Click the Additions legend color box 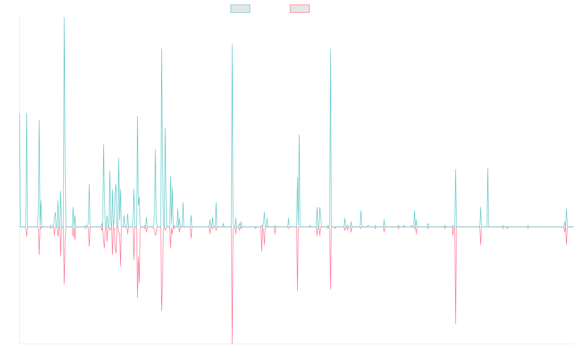pyautogui.click(x=240, y=9)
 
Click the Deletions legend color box pyautogui.click(x=300, y=9)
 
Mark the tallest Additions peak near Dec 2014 pyautogui.click(x=64, y=18)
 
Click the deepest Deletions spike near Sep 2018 pyautogui.click(x=232, y=343)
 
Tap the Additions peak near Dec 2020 pyautogui.click(x=331, y=49)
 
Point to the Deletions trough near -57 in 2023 pyautogui.click(x=456, y=324)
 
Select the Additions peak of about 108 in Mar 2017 pyautogui.click(x=162, y=49)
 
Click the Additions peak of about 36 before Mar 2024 pyautogui.click(x=488, y=168)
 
